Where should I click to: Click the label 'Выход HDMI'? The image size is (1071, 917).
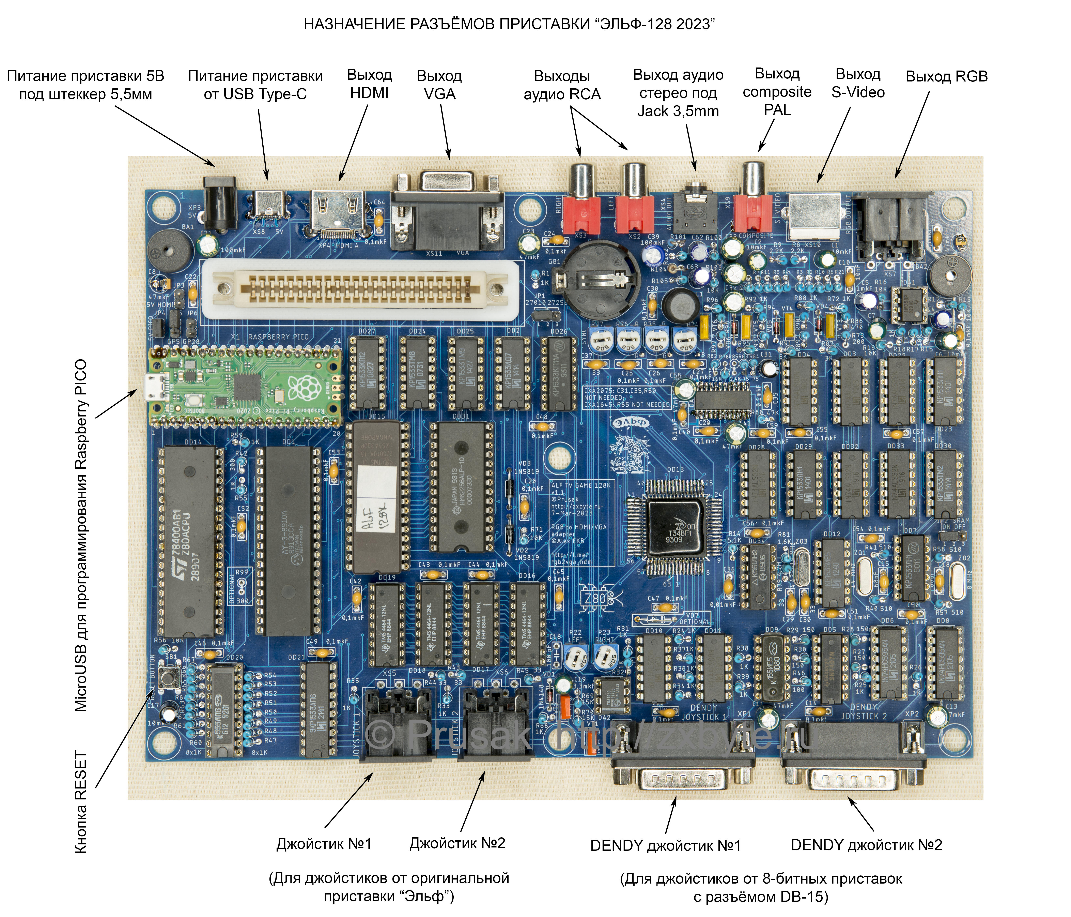tap(369, 84)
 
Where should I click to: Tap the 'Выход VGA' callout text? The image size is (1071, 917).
tap(439, 85)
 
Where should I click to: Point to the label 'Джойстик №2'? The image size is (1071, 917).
tap(457, 843)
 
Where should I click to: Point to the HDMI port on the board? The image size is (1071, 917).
tap(337, 212)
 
